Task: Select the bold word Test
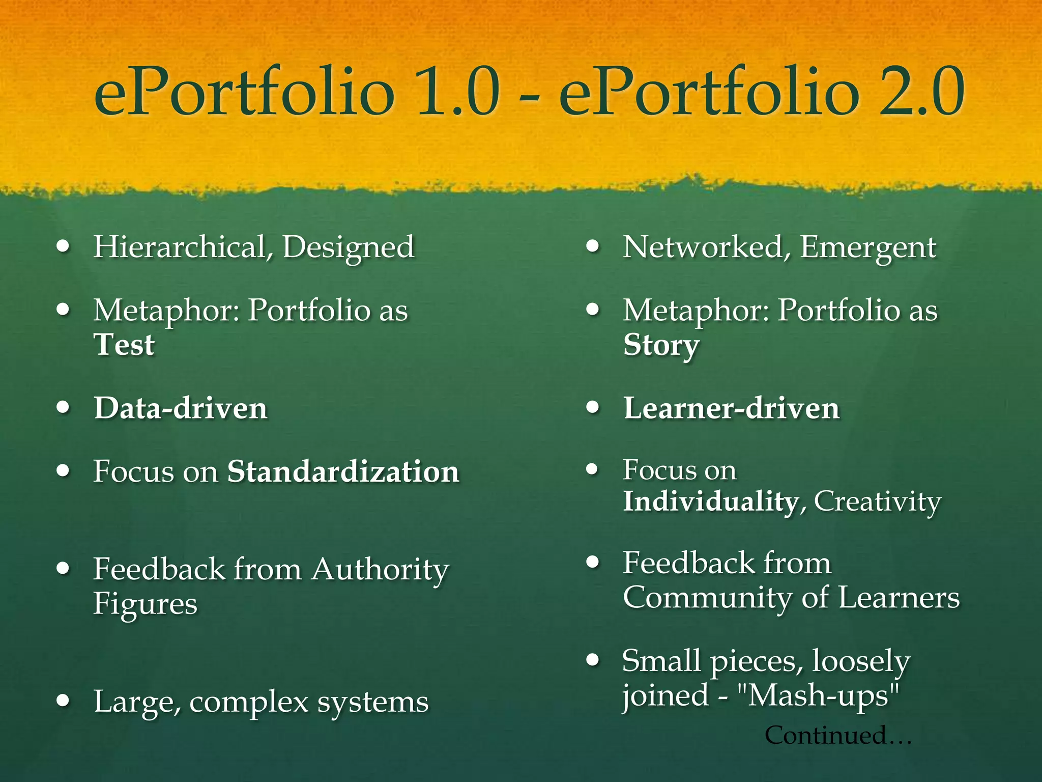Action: pos(124,345)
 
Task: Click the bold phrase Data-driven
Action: pos(181,409)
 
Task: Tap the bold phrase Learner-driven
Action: pos(732,409)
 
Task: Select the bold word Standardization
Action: pos(343,471)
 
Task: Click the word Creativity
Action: pos(878,502)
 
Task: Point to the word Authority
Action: pos(381,569)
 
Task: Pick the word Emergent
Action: pos(868,248)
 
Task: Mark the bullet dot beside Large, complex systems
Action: pos(63,701)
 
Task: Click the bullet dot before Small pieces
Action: pos(592,660)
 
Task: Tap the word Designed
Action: pos(349,248)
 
